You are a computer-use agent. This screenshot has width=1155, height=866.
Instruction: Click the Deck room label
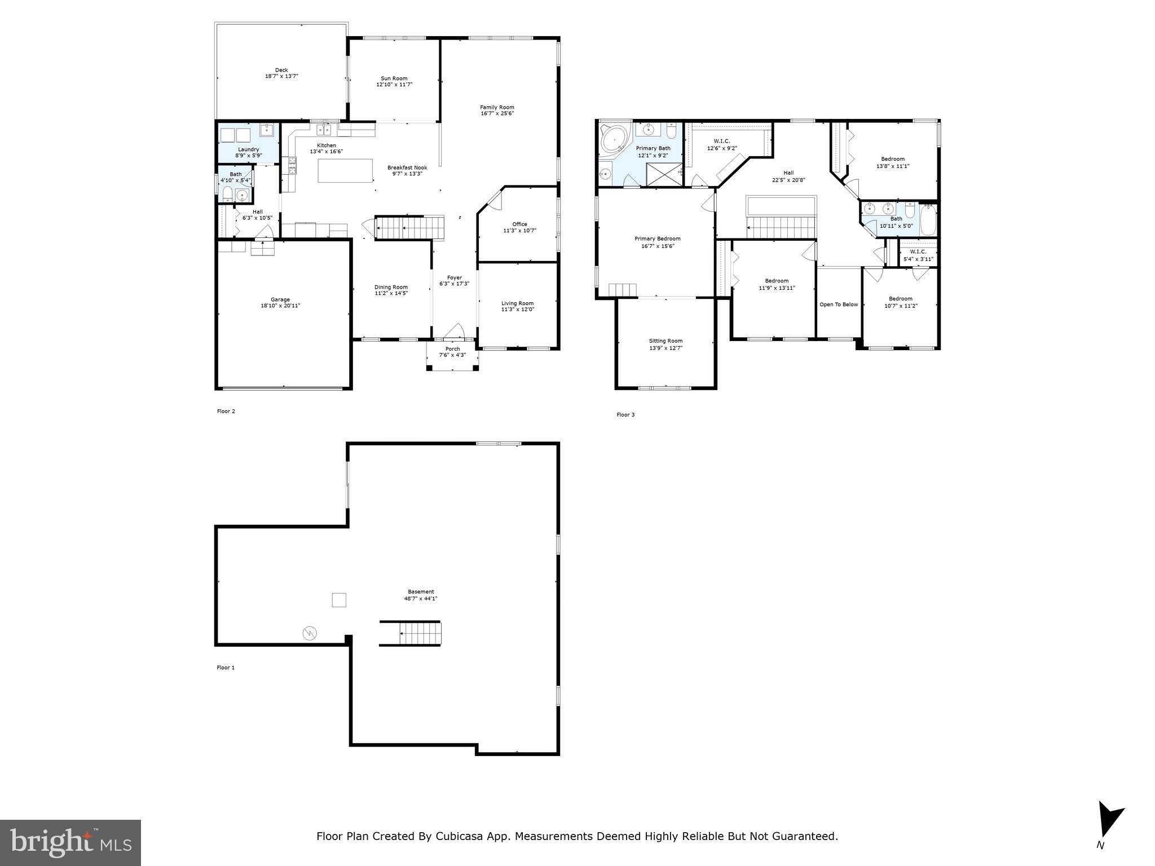click(281, 70)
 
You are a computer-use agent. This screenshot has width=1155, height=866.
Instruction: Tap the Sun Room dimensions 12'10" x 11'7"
click(394, 85)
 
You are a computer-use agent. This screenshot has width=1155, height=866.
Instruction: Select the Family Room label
click(497, 107)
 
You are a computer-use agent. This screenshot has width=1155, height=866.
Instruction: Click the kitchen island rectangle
click(345, 170)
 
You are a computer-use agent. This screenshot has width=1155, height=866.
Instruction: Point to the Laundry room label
click(248, 149)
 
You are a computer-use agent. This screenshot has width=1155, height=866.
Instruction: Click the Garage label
click(280, 299)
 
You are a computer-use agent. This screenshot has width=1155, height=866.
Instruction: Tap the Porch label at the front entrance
click(452, 349)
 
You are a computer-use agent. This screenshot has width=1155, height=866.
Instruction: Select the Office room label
click(519, 224)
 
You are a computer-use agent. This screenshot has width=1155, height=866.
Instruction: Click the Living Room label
click(517, 303)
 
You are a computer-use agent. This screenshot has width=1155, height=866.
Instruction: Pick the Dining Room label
click(391, 287)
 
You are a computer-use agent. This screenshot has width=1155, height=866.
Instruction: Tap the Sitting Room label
click(665, 341)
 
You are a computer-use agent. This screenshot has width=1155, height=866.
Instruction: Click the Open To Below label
click(838, 304)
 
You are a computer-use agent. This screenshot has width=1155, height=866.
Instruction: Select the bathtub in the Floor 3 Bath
click(928, 220)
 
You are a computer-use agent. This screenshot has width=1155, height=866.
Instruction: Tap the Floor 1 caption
click(226, 668)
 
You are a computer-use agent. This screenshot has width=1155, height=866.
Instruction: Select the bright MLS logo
click(70, 842)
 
